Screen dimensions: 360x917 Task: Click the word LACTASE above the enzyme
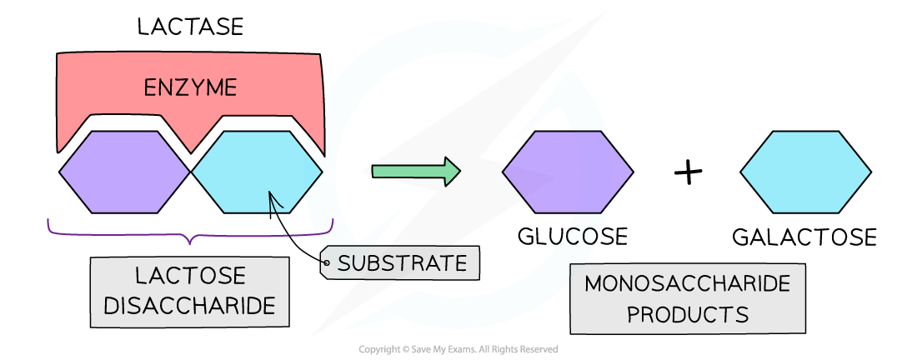[189, 27]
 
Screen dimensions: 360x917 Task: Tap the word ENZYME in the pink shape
[190, 87]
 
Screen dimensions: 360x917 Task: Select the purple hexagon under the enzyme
[124, 172]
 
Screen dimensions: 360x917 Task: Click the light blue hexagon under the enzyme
[257, 172]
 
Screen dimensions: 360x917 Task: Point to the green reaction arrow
[414, 172]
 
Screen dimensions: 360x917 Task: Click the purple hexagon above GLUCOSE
[568, 172]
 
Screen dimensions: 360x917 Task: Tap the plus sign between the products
[688, 173]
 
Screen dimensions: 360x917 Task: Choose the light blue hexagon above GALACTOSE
[806, 172]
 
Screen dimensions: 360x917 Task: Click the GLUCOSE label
[572, 237]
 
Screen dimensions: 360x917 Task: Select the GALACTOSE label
[804, 237]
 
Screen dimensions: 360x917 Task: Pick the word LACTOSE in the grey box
[190, 276]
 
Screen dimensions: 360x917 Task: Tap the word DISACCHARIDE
[190, 306]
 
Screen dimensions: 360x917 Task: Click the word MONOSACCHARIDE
[687, 284]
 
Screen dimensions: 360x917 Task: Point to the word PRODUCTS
[687, 315]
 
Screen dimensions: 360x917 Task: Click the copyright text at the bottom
[458, 350]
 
